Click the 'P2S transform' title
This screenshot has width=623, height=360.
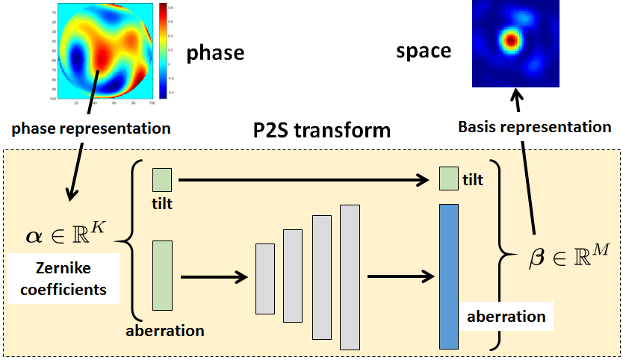click(320, 131)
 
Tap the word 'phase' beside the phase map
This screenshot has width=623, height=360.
click(215, 52)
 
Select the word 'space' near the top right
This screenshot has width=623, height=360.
click(424, 51)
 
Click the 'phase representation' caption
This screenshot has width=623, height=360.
click(90, 128)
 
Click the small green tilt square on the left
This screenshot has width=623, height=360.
click(162, 180)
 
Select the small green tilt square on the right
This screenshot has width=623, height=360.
click(448, 179)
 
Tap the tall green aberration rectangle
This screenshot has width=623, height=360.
click(162, 275)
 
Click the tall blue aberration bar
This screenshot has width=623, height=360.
click(448, 276)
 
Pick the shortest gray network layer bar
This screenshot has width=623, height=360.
click(265, 279)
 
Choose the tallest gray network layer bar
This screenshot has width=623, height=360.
click(350, 277)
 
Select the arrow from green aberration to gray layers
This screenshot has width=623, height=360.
click(214, 278)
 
